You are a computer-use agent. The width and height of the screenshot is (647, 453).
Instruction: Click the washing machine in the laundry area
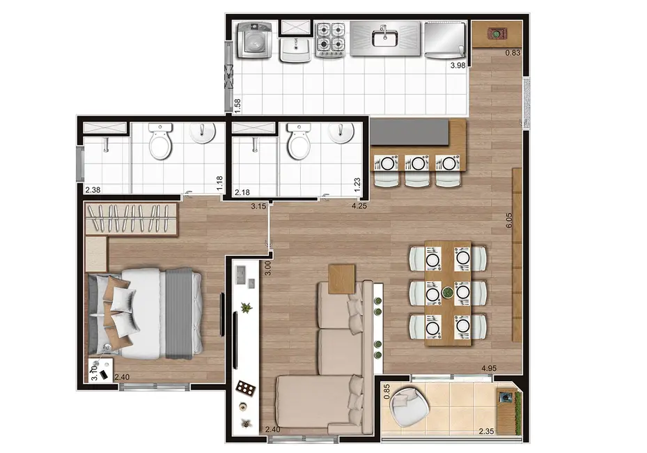[x=252, y=40]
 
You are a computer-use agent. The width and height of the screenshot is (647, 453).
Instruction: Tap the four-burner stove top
[x=332, y=40]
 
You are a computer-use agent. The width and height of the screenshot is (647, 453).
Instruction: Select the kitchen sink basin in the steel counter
[x=384, y=38]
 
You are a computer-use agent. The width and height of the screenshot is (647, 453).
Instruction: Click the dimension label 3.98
[x=457, y=66]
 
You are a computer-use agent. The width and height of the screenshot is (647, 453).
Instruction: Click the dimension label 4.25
[x=359, y=206]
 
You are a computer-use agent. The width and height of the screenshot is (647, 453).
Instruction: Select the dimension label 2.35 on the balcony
[x=487, y=431]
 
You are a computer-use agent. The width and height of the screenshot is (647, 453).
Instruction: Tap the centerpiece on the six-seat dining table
[x=446, y=293]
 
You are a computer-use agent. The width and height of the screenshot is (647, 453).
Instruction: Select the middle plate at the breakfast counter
[x=417, y=164]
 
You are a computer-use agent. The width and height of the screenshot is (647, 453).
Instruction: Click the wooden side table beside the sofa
[x=343, y=279]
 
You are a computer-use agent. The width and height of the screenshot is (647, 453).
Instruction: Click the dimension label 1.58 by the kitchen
[x=237, y=105]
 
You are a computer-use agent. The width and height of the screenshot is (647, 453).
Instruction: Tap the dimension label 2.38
[x=93, y=190]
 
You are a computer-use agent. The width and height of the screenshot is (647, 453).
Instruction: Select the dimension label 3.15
[x=259, y=206]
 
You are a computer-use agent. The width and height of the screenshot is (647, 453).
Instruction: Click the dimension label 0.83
[x=513, y=53]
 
